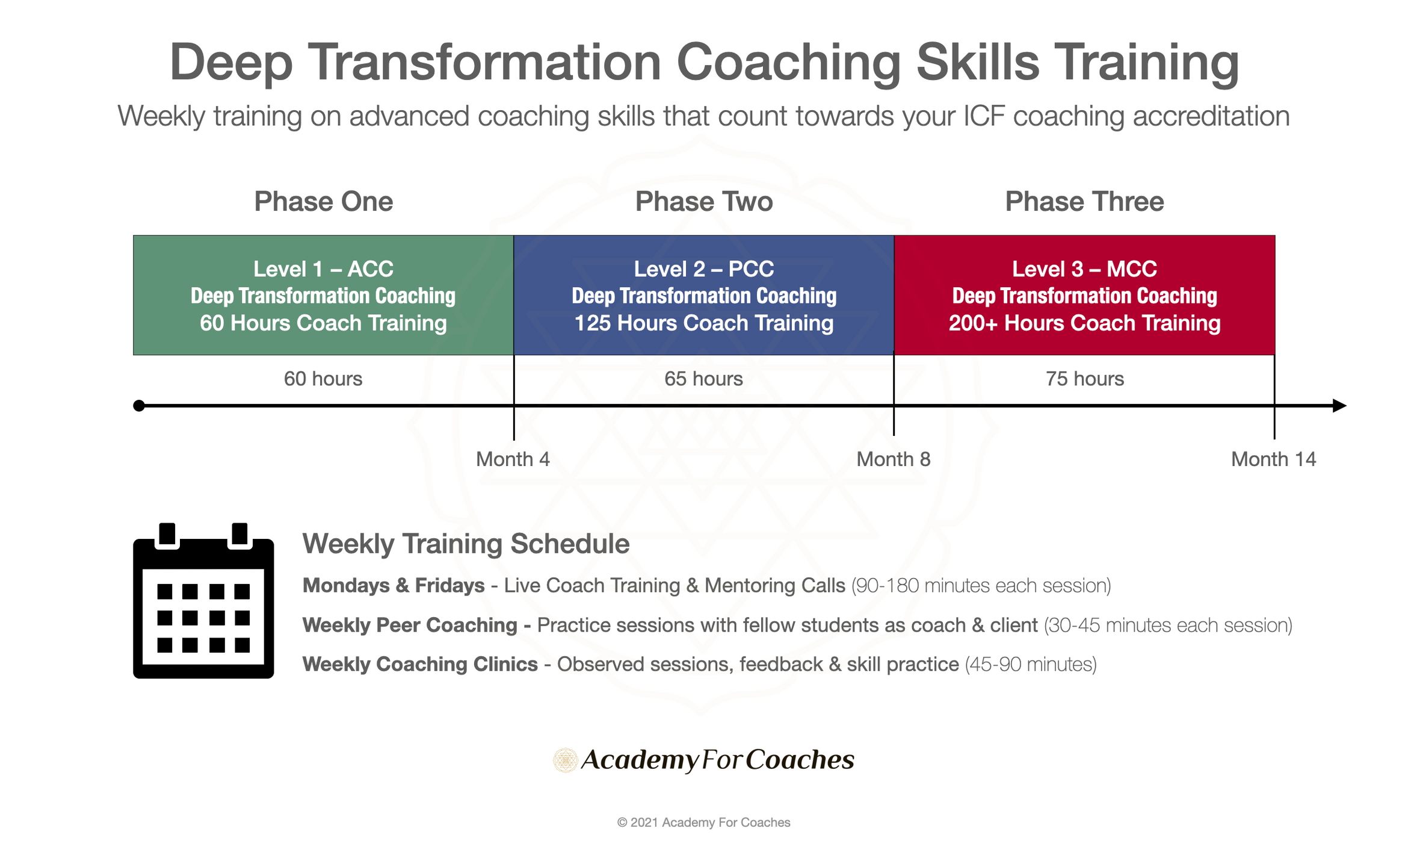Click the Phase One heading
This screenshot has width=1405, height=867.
323,202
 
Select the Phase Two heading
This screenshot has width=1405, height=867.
704,202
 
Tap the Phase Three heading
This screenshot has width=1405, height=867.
1084,202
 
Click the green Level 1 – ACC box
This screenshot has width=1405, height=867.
323,295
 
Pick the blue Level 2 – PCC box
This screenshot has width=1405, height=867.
704,295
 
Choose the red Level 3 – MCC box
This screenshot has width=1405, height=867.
1084,295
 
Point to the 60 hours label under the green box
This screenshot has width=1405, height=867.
323,379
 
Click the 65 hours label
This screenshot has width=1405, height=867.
703,379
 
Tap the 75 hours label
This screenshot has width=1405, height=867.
1084,379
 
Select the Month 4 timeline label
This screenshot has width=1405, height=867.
513,459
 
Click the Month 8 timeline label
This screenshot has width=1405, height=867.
894,459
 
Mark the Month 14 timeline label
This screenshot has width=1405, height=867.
1273,459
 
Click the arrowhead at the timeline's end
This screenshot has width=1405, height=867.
1339,406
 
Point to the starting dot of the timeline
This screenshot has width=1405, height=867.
139,406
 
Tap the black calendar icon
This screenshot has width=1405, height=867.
203,601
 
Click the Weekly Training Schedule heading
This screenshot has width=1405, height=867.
466,544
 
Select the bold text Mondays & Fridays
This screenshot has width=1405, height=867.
394,585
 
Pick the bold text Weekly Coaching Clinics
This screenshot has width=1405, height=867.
420,664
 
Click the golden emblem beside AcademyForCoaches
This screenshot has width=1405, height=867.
566,760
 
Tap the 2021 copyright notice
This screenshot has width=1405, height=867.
703,822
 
